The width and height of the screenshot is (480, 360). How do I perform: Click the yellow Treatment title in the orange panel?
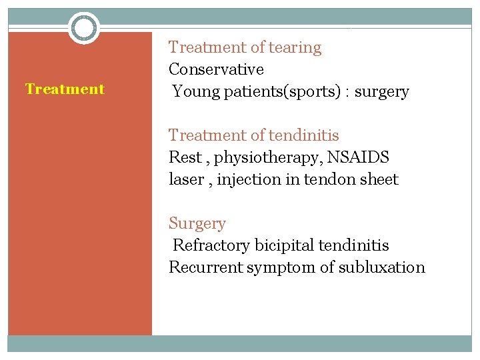(65, 89)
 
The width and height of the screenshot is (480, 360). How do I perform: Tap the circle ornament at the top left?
(84, 28)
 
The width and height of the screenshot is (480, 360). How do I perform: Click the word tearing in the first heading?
(295, 48)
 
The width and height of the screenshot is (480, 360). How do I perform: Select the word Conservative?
(216, 69)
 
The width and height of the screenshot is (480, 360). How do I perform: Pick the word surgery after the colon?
(381, 91)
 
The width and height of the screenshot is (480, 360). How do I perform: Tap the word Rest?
(185, 157)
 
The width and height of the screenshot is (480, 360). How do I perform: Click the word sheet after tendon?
(377, 179)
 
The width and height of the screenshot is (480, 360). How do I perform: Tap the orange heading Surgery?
(197, 223)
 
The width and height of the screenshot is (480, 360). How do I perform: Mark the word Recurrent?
(205, 267)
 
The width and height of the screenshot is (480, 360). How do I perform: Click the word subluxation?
(381, 267)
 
